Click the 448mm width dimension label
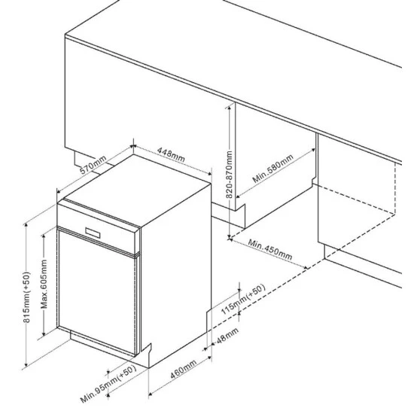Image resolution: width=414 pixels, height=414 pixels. coord(171,155)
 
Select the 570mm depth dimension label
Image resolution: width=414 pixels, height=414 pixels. coord(93,165)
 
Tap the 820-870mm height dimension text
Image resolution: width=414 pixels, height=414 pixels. coord(229,175)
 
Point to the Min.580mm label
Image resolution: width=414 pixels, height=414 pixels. coord(272,169)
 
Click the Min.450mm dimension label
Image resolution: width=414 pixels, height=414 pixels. coord(270,249)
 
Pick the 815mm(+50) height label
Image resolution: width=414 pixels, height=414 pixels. coord(26,297)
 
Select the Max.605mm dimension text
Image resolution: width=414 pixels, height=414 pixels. coord(44,284)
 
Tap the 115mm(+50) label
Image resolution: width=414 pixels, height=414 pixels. coord(242,300)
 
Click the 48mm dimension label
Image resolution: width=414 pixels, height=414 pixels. coord(227,335)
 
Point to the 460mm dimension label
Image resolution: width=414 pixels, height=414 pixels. coord(183,369)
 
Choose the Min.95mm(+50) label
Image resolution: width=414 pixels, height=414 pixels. coord(108,384)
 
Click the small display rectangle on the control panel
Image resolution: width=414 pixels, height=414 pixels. coord(93,233)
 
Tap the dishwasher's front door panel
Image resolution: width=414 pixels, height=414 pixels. coord(96,292)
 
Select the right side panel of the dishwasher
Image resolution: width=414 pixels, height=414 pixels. coord(176,275)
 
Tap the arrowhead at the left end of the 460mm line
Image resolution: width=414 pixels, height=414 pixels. coord(151,394)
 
